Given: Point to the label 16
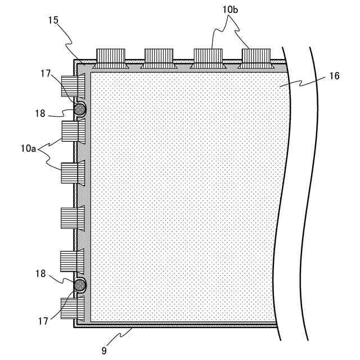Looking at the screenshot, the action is [334, 76].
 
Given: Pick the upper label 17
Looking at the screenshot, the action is [47, 73].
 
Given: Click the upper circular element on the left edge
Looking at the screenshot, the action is [79, 109].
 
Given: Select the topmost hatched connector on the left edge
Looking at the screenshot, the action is [73, 85].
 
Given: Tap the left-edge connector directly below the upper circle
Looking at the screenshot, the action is [73, 130].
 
